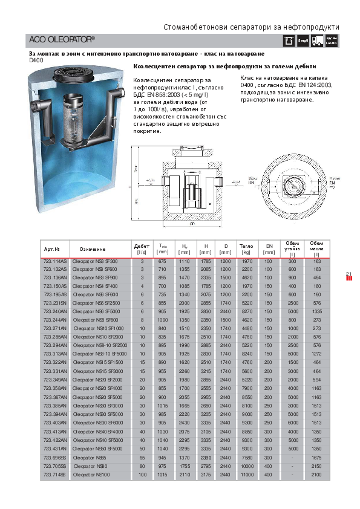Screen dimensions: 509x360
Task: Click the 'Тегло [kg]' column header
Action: [246, 248]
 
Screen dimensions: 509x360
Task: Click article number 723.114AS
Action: [55, 261]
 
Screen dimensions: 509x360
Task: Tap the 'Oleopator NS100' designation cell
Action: [90, 476]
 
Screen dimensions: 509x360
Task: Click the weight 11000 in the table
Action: [246, 476]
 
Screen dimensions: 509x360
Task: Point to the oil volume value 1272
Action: [317, 353]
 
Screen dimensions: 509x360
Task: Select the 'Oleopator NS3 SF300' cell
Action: [95, 261]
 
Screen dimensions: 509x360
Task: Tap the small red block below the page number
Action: [349, 280]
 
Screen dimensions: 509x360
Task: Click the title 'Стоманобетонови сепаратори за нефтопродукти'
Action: [251, 27]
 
